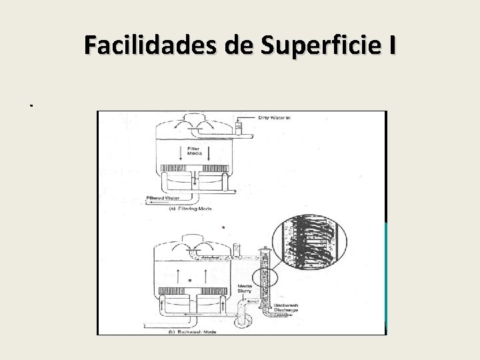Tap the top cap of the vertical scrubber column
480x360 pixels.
point(265,253)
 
